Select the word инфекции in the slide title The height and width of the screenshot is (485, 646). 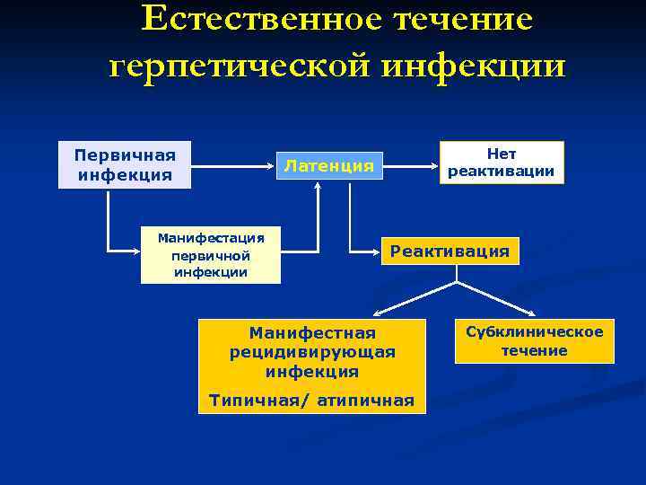pyautogui.click(x=476, y=66)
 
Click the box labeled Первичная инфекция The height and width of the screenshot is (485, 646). pyautogui.click(x=125, y=164)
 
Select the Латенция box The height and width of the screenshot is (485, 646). pyautogui.click(x=328, y=165)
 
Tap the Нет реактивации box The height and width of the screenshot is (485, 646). pyautogui.click(x=502, y=163)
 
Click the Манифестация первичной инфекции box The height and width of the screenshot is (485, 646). pyautogui.click(x=211, y=255)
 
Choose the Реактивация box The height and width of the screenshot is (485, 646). pyautogui.click(x=450, y=251)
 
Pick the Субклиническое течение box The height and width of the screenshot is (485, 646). pyautogui.click(x=534, y=341)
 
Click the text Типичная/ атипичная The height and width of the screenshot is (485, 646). pyautogui.click(x=311, y=401)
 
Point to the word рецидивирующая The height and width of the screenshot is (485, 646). pyautogui.click(x=311, y=352)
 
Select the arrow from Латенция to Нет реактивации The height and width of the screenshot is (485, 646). pyautogui.click(x=411, y=166)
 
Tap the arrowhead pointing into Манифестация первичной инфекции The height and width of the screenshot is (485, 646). pyautogui.click(x=134, y=249)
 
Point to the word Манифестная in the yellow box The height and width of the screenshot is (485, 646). pyautogui.click(x=311, y=333)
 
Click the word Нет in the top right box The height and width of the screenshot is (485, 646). pyautogui.click(x=502, y=154)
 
